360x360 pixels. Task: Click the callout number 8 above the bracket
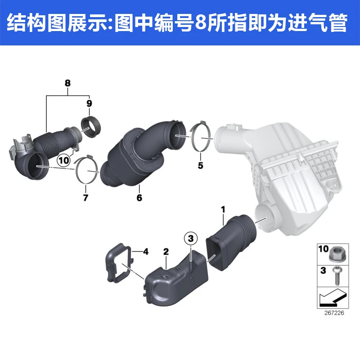click(x=67, y=83)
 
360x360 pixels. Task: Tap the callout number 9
click(x=89, y=103)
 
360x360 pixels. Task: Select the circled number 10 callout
click(x=63, y=160)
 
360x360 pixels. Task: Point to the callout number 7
click(x=85, y=198)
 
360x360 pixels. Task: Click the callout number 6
click(x=139, y=198)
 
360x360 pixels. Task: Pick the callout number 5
click(x=200, y=165)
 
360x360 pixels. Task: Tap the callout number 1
click(x=223, y=210)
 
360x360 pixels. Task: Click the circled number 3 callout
click(x=191, y=238)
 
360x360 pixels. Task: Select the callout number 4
click(x=146, y=252)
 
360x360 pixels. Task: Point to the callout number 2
click(x=166, y=252)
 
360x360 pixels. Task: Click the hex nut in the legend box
click(x=336, y=255)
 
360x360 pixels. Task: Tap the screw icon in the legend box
click(x=337, y=276)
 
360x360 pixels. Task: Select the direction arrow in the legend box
click(x=332, y=297)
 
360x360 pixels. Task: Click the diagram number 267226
click(x=334, y=313)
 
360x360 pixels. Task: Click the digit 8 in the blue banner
click(x=201, y=22)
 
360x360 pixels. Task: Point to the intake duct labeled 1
click(x=231, y=243)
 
